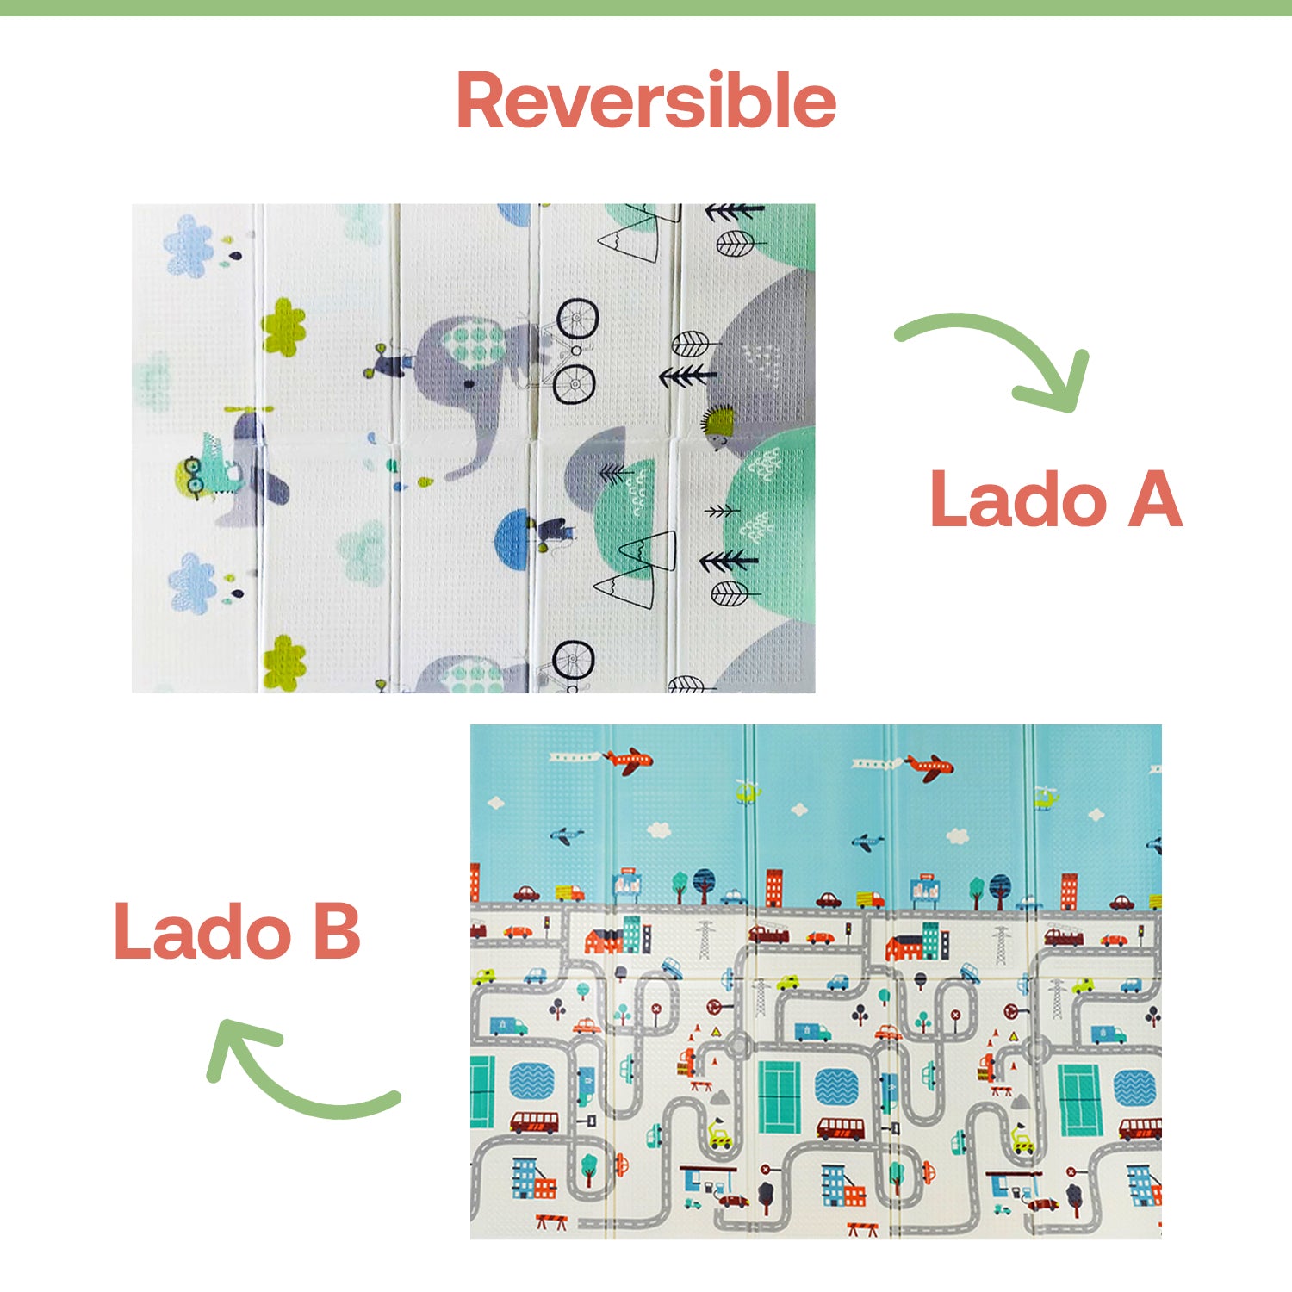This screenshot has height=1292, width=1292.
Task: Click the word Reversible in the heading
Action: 646,102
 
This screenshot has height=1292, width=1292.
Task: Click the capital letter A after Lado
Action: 1154,500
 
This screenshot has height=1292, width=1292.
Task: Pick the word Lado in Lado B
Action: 203,932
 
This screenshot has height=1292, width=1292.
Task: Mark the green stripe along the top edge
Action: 646,8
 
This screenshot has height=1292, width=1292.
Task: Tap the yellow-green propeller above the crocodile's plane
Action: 248,409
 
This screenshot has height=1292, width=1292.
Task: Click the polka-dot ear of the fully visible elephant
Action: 473,343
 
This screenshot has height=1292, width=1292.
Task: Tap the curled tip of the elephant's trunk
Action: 451,473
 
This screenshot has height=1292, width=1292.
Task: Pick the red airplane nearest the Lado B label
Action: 629,761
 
